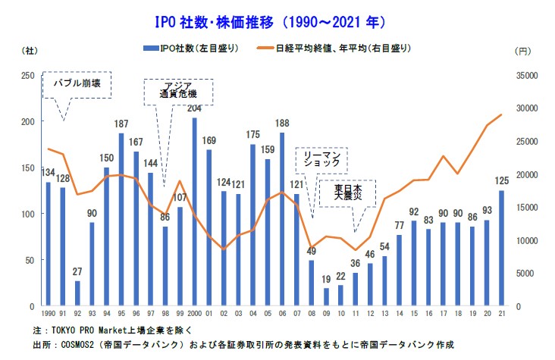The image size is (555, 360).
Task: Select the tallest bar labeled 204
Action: coord(193,212)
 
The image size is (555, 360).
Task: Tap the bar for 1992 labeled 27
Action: coord(77,294)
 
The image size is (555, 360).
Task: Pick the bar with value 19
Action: coord(326,297)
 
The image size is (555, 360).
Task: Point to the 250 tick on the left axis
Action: coord(27,75)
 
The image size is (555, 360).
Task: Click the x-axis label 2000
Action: coord(193,313)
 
